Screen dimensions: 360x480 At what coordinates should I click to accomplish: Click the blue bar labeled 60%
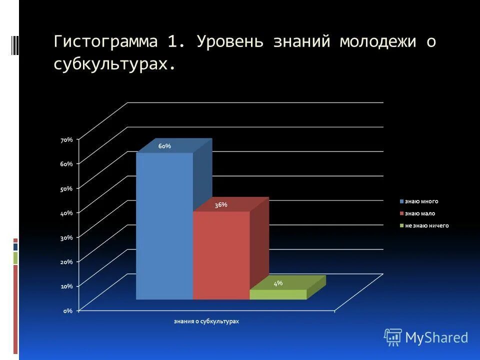[x=164, y=225]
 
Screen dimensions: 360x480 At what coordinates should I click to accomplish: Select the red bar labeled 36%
[x=221, y=255]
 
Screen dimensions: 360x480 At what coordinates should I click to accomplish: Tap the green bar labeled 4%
[x=278, y=294]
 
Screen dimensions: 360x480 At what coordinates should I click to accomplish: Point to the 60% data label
[x=164, y=146]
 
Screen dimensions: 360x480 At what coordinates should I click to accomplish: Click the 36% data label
[x=221, y=204]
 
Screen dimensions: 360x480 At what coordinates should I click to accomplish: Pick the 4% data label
[x=278, y=283]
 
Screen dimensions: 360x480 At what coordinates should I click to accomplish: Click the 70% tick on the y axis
[x=66, y=140]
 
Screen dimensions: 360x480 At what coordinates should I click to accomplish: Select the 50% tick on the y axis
[x=66, y=188]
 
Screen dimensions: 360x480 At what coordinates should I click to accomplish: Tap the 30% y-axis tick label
[x=66, y=237]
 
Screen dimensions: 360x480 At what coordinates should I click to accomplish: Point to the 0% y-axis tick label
[x=68, y=310]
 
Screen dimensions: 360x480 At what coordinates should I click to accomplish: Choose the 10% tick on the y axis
[x=66, y=286]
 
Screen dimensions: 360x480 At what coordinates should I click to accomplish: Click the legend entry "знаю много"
[x=421, y=201]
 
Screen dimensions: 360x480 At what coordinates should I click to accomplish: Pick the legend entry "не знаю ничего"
[x=426, y=225]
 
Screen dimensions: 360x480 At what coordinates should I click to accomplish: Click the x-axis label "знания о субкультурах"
[x=206, y=321]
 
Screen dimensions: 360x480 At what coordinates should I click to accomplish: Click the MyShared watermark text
[x=436, y=337]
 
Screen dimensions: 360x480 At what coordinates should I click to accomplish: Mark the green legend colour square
[x=401, y=226]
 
